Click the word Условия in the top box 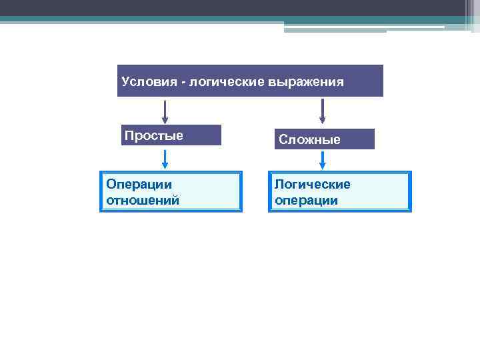[147, 82]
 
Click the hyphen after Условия [183, 83]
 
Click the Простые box [171, 135]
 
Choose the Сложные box [325, 139]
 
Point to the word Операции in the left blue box [139, 185]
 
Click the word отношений [143, 200]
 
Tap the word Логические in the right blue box [313, 185]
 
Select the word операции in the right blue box [307, 200]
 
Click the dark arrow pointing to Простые [165, 111]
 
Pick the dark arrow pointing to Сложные [323, 111]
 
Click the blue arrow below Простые [165, 159]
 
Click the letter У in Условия [125, 82]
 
